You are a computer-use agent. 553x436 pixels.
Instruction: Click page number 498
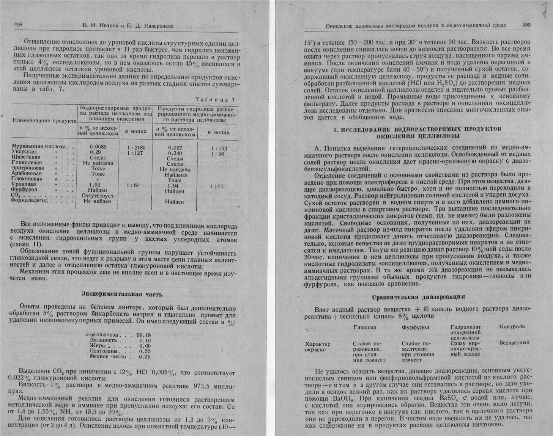point(19,25)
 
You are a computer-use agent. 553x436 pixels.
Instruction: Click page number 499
point(526,25)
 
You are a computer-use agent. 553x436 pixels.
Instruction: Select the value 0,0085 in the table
point(98,147)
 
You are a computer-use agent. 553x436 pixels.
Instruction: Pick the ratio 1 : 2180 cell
point(136,147)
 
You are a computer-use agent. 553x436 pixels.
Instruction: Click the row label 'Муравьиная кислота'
point(39,146)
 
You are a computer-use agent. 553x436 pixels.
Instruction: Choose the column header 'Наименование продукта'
point(44,121)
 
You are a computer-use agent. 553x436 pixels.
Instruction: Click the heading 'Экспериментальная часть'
point(122,294)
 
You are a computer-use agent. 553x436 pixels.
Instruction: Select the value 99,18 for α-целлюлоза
point(144,335)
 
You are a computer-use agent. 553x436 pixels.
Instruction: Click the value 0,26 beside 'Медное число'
point(145,357)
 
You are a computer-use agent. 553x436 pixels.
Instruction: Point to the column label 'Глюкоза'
point(364,327)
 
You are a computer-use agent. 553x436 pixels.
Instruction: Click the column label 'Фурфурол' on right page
point(415,327)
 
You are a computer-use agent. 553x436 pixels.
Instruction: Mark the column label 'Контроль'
point(512,326)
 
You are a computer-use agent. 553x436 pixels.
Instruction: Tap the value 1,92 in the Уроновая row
point(94,185)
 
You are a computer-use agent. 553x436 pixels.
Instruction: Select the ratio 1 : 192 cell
point(219,148)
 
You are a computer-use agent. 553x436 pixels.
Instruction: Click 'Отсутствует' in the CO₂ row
point(98,196)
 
